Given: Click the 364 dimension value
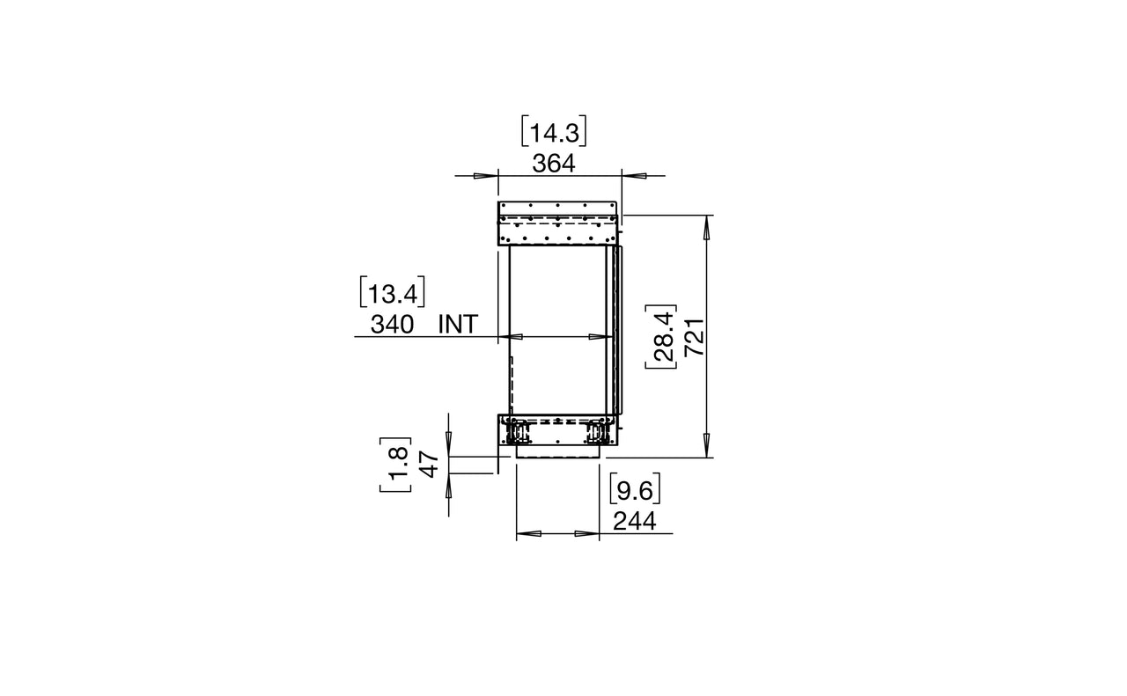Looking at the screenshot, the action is click(554, 164).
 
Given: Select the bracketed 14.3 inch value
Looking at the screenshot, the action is click(554, 132).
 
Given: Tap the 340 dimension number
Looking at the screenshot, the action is click(392, 325).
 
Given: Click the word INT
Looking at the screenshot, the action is click(458, 325).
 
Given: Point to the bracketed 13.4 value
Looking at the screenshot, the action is click(393, 291).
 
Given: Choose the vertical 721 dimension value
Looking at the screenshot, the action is click(696, 337).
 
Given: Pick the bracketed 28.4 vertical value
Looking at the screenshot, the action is click(661, 336).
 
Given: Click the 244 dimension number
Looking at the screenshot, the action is click(635, 522).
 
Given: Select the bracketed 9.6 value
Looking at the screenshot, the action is click(635, 489).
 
